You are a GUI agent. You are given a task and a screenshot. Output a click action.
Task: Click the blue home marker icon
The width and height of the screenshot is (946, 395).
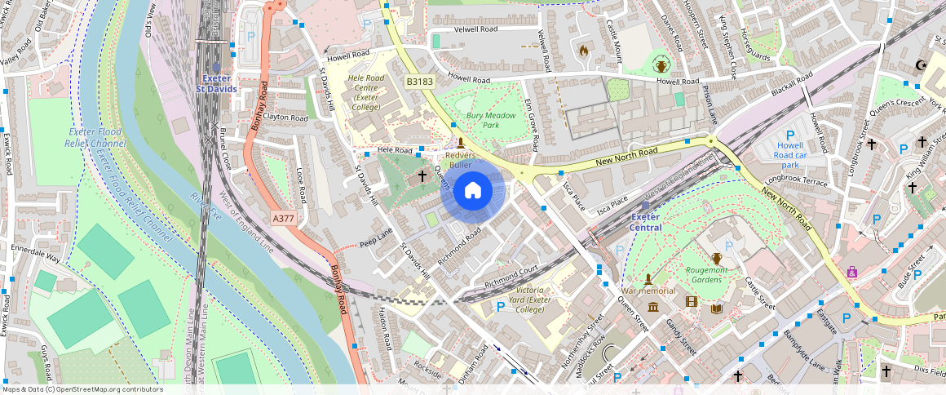pyautogui.click(x=473, y=191)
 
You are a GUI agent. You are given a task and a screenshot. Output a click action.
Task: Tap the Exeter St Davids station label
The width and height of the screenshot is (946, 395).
pyautogui.click(x=220, y=83)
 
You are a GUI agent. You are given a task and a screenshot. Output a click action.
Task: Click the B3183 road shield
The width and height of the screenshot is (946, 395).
pyautogui.click(x=420, y=82)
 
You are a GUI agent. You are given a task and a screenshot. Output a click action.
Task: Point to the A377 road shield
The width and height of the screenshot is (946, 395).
pyautogui.click(x=283, y=218)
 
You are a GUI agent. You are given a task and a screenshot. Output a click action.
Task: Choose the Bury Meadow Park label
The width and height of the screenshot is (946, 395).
pyautogui.click(x=492, y=121)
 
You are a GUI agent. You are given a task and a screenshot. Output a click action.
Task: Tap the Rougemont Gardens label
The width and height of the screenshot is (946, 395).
pyautogui.click(x=706, y=274)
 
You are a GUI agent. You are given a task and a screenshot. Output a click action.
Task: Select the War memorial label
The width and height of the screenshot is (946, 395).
pyautogui.click(x=648, y=291)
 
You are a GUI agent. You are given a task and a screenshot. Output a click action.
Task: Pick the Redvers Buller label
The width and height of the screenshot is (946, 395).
pyautogui.click(x=461, y=160)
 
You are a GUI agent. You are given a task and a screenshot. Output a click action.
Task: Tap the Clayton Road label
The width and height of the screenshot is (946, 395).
pyautogui.click(x=285, y=118)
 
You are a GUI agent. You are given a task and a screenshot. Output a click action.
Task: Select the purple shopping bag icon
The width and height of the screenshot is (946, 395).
pyautogui.click(x=852, y=272)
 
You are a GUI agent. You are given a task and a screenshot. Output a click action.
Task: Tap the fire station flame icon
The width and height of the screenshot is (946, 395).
pyautogui.click(x=583, y=51)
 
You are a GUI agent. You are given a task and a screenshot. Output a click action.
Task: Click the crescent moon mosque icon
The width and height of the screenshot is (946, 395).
pyautogui.click(x=922, y=65)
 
